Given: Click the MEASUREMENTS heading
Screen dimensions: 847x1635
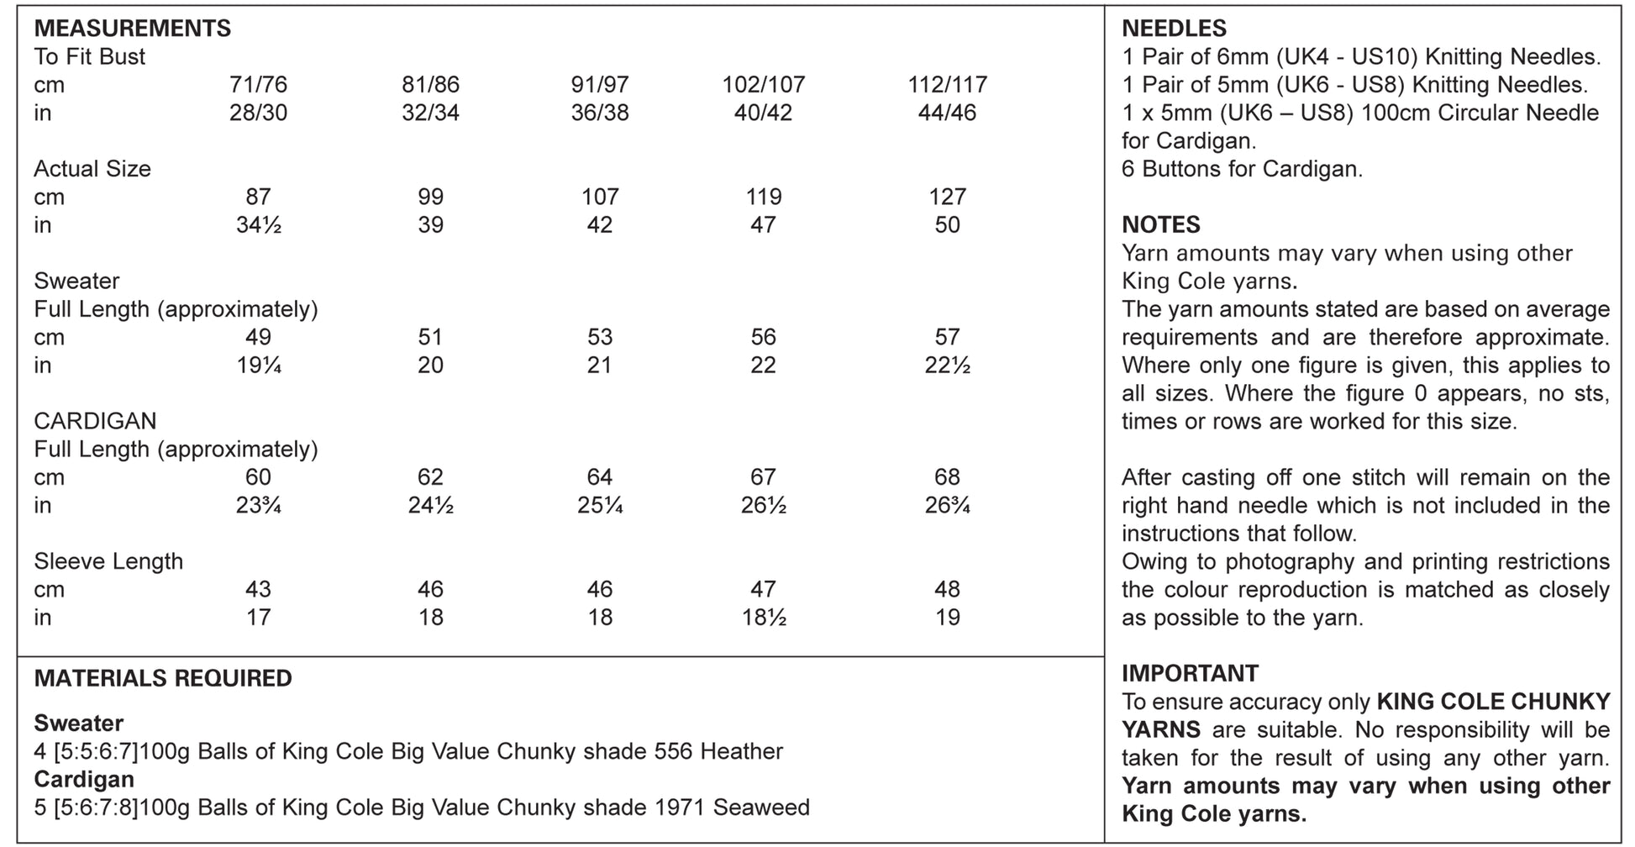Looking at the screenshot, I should (x=132, y=29).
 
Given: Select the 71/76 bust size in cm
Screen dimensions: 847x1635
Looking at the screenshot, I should (x=258, y=85).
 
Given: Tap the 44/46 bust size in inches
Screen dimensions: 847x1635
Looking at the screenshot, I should (x=947, y=113).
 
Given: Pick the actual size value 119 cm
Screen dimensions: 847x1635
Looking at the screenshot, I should (x=763, y=197).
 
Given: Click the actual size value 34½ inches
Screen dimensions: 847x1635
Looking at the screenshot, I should (x=258, y=225).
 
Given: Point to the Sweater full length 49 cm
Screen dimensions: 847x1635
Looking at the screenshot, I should (x=258, y=337).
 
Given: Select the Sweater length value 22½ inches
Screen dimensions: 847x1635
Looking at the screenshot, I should (x=947, y=366).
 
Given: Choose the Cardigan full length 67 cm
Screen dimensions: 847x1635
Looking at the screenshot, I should (x=763, y=477).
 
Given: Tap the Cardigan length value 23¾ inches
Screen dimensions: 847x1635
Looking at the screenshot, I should (x=258, y=506).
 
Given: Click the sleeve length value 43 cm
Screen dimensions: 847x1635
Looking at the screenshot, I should (x=258, y=589).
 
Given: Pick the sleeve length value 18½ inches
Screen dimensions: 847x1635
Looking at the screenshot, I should (x=763, y=618).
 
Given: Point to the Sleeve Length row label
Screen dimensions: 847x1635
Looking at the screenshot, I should (x=108, y=561).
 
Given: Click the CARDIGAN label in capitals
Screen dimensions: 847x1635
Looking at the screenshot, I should (x=95, y=421).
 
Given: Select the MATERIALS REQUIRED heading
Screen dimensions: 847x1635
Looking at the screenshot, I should (x=163, y=678).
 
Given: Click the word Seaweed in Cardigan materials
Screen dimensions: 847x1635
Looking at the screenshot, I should (x=761, y=808).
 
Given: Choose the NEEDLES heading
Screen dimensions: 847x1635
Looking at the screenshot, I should (x=1174, y=29).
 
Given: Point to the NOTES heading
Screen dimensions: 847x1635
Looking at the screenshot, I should (x=1161, y=225).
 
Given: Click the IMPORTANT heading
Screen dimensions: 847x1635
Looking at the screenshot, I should (x=1190, y=673).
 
